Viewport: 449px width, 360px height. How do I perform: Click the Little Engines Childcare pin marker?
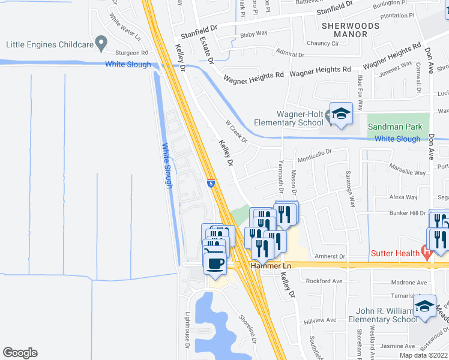point(101,43)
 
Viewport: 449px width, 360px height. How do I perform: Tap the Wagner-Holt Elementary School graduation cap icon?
point(341,113)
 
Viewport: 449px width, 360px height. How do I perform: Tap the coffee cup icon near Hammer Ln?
point(215,262)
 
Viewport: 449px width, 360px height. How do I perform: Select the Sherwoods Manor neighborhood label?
point(351,30)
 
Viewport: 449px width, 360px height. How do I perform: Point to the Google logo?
point(20,353)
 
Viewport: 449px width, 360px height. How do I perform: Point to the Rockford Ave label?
point(324,281)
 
